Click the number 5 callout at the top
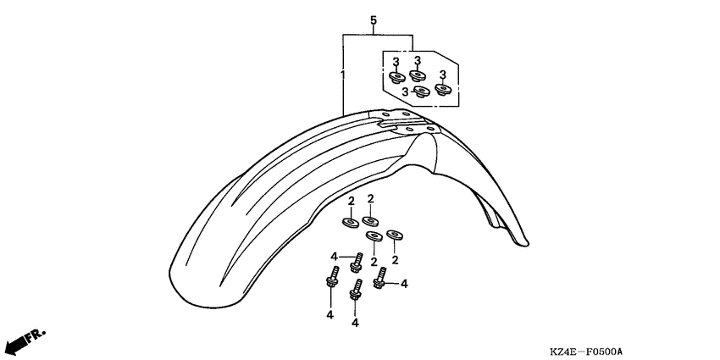click(x=373, y=20)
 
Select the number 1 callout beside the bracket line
click(x=343, y=75)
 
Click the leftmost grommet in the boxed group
click(x=396, y=79)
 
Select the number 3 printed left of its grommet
click(x=406, y=91)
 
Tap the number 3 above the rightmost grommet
click(x=442, y=75)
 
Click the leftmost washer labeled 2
click(x=350, y=224)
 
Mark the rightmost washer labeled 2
click(x=394, y=233)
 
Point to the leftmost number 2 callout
click(x=350, y=201)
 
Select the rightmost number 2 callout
click(x=395, y=259)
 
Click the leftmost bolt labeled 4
click(x=331, y=279)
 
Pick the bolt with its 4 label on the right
click(x=381, y=277)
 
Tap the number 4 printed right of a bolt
click(x=404, y=284)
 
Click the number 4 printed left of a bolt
click(x=335, y=256)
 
